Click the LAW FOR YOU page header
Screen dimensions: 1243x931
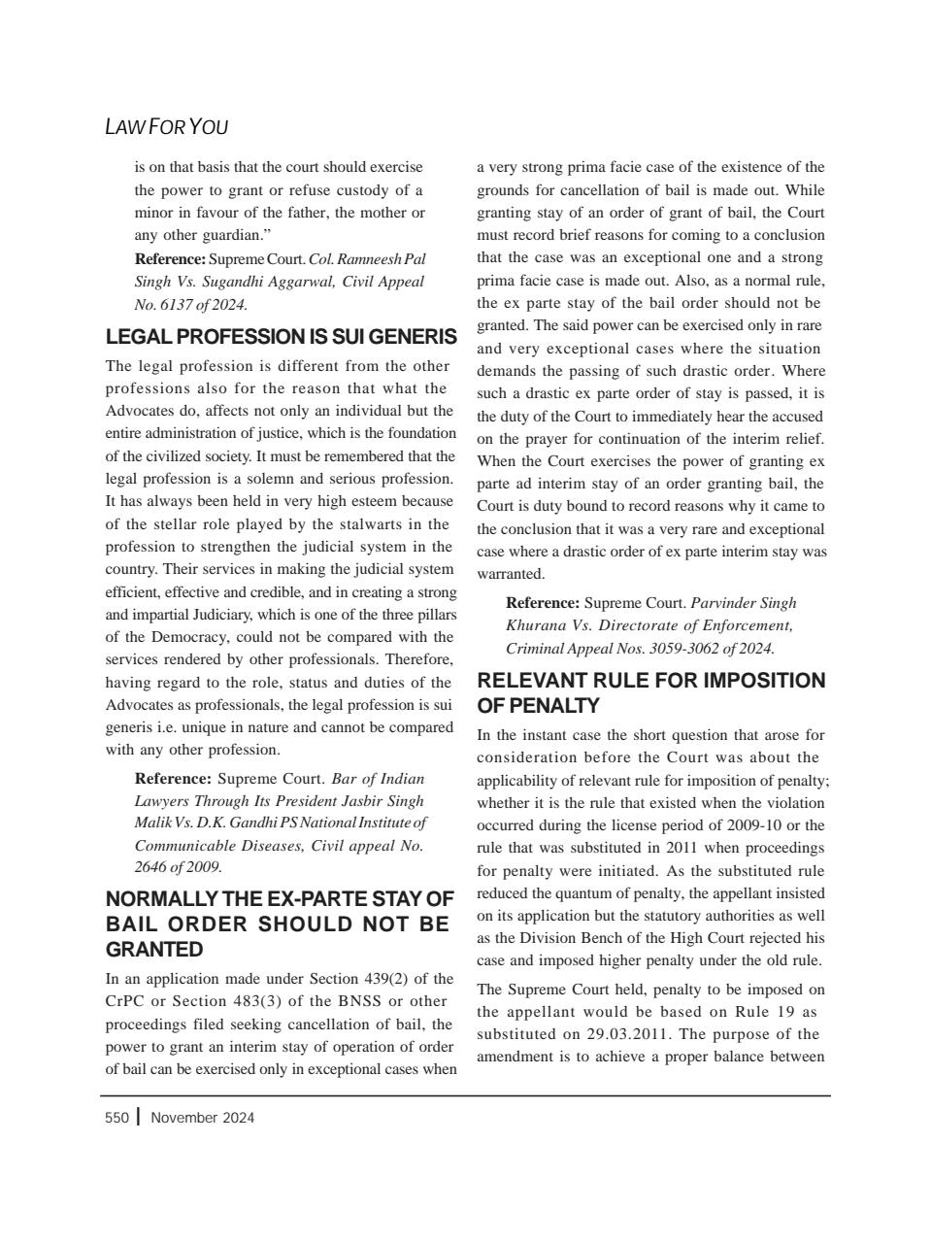(166, 127)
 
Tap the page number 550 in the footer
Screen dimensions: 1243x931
(116, 1118)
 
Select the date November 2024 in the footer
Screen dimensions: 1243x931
(203, 1118)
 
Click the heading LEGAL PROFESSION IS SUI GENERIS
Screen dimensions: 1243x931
(281, 337)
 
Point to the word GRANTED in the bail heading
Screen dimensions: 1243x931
(154, 949)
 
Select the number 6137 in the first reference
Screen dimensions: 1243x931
(174, 304)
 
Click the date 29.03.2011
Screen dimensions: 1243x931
(630, 1034)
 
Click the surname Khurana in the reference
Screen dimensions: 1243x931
(536, 625)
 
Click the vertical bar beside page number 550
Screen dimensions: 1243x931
(139, 1117)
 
